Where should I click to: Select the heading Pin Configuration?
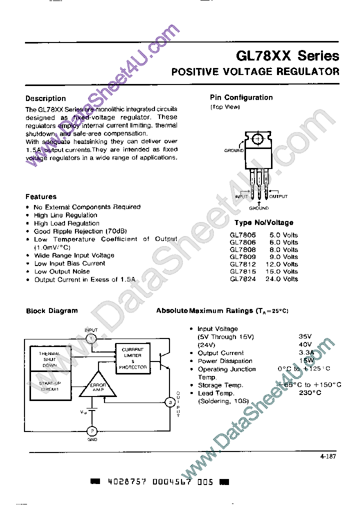click(x=241, y=97)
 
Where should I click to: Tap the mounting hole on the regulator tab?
click(x=258, y=138)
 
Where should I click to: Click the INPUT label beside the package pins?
click(x=242, y=196)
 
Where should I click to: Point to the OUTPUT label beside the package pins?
click(x=278, y=196)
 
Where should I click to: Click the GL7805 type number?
click(x=242, y=235)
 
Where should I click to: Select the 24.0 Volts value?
click(x=283, y=279)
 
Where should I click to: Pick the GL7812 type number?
click(x=242, y=264)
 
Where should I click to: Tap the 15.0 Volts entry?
click(x=283, y=271)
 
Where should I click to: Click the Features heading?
click(x=41, y=196)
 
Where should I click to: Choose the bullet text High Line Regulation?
click(x=65, y=215)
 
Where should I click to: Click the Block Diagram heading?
click(x=52, y=310)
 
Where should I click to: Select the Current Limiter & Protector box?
click(x=132, y=358)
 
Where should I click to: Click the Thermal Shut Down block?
click(x=50, y=359)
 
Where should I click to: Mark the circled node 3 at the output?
click(x=170, y=402)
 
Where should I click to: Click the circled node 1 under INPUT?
click(x=91, y=338)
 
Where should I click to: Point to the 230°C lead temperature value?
click(x=309, y=393)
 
